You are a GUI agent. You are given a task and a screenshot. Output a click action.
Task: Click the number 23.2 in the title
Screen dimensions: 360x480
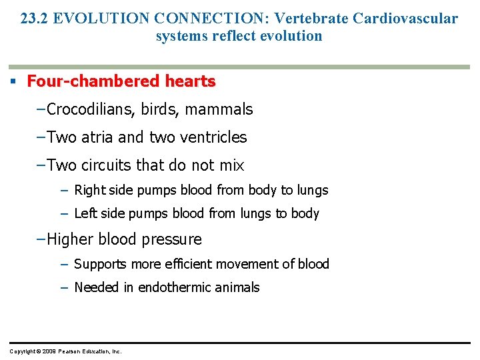tap(34, 18)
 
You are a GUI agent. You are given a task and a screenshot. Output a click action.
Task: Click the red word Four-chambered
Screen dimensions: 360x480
tap(85, 81)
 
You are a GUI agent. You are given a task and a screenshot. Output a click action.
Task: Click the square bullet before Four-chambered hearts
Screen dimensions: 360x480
tap(13, 82)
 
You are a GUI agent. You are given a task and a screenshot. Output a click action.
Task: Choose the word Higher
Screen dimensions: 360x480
tap(70, 239)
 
